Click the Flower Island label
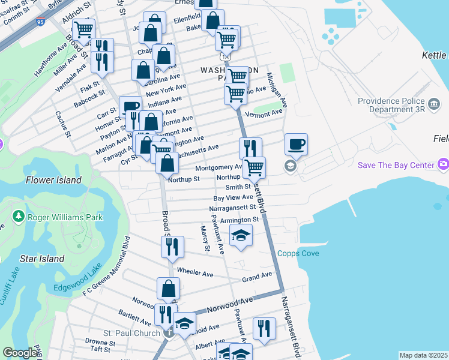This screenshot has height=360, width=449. point(53,180)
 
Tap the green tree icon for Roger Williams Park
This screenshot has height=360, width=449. point(19,217)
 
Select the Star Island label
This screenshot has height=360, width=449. point(42,259)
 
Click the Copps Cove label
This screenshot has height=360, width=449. point(298,254)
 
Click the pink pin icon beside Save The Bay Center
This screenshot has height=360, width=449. point(443,164)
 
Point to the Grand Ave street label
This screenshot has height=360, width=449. point(257,277)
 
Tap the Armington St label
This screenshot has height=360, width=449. point(240,220)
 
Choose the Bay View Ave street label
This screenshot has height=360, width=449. point(233,197)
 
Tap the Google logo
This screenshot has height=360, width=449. point(20,353)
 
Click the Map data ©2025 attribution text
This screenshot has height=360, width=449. point(423,355)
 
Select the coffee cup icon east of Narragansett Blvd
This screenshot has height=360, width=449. point(296,144)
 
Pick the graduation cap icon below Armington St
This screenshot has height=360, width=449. point(241,235)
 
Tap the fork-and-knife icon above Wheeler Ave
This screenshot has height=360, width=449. point(172,246)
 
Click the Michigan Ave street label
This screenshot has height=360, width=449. point(277,90)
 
